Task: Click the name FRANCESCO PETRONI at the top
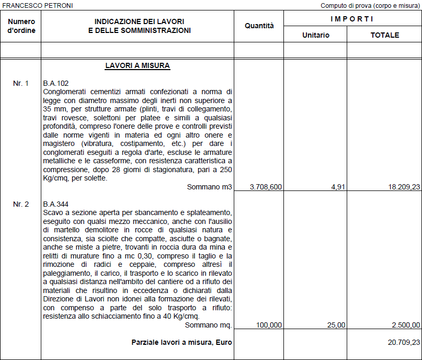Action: click(37, 5)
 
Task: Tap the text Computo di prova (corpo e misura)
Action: click(370, 5)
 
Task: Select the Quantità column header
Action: click(259, 26)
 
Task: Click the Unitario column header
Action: click(315, 35)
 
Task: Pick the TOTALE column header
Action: click(384, 35)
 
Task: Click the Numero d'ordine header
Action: click(21, 26)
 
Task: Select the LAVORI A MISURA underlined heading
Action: click(138, 66)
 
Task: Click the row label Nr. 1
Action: click(21, 84)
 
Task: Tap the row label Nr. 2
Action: click(21, 204)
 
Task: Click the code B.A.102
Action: click(56, 84)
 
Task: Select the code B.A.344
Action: click(56, 204)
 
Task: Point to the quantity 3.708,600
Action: click(266, 187)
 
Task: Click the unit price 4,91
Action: click(338, 187)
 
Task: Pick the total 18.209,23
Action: click(401, 187)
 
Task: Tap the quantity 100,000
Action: click(269, 325)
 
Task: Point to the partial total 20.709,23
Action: click(401, 342)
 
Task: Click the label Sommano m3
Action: click(209, 187)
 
